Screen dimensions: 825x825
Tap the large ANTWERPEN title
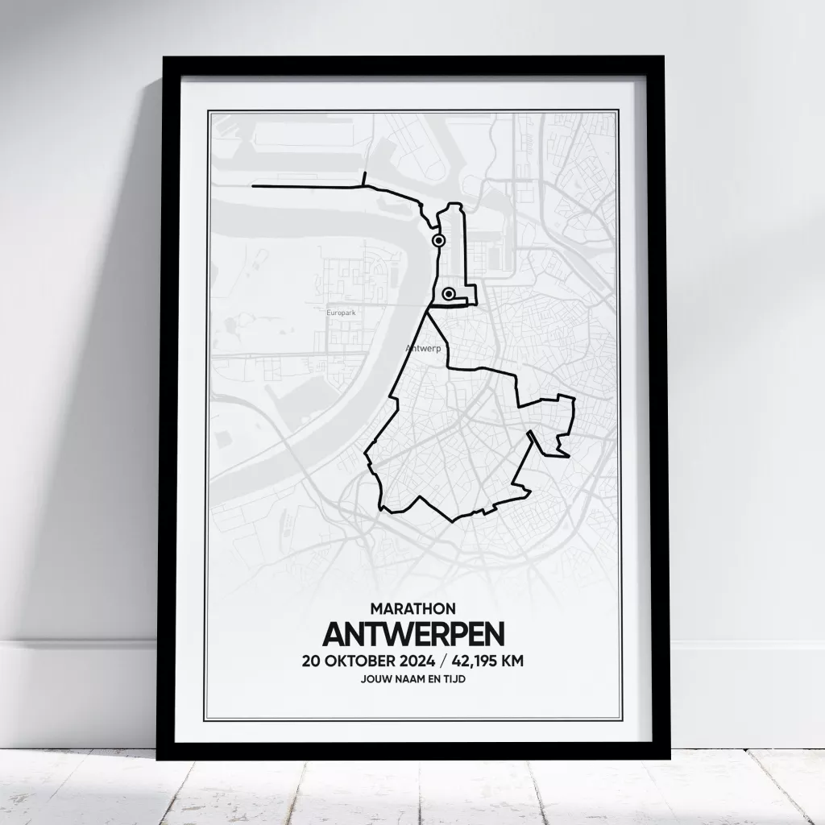tap(413, 634)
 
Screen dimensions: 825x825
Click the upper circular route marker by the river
tap(438, 240)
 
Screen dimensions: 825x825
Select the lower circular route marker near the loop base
tap(449, 295)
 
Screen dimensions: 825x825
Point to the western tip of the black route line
tap(254, 186)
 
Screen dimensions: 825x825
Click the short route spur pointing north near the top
tap(365, 177)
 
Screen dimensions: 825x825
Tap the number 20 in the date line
tap(311, 662)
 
